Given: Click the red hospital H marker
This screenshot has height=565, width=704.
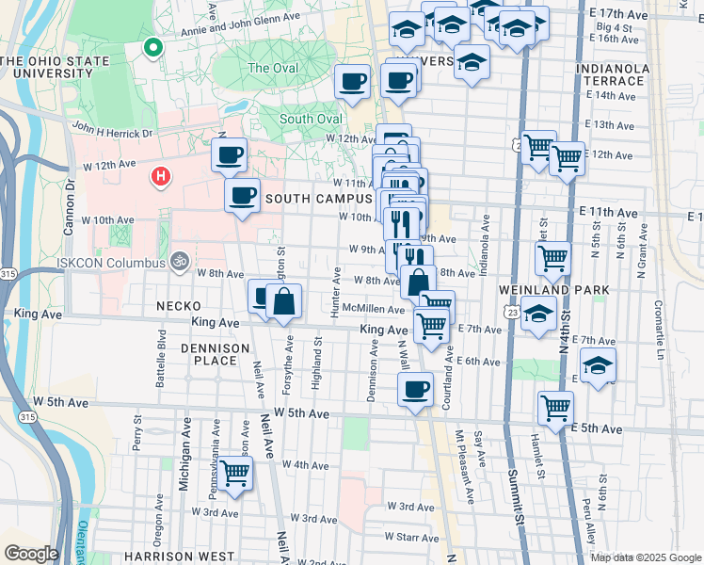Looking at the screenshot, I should tap(161, 176).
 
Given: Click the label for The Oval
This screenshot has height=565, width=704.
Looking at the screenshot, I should tap(272, 68).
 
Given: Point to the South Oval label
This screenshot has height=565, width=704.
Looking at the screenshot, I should tap(310, 119).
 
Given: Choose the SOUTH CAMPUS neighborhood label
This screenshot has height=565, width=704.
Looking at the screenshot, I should tap(319, 199).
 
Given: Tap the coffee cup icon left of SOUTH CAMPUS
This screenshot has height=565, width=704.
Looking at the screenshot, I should tap(243, 196).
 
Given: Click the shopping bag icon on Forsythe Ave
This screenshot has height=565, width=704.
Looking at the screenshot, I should tap(283, 301).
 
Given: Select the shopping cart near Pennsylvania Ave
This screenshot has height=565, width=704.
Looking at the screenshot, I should tap(235, 473).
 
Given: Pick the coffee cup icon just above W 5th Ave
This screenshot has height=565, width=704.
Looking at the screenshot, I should tap(415, 389).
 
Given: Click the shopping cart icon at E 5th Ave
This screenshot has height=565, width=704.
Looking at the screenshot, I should tap(555, 408).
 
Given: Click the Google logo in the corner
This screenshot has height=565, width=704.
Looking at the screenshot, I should tap(31, 553).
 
